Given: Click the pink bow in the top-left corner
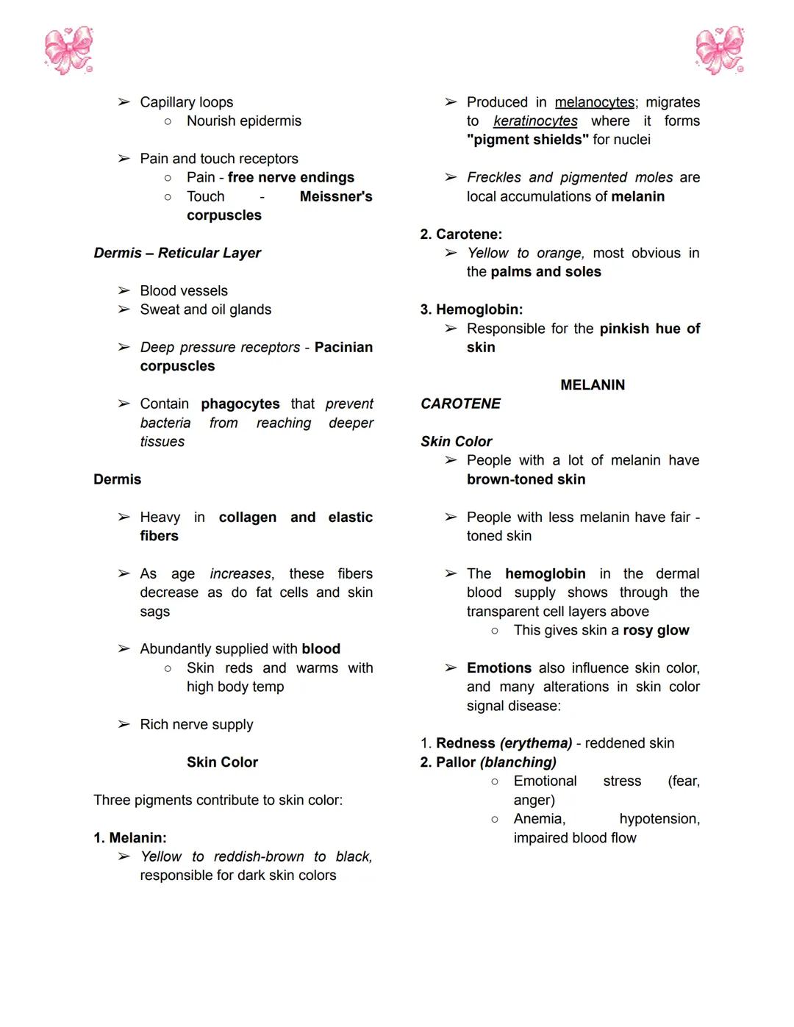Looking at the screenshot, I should click(x=68, y=51).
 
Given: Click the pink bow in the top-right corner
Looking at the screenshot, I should click(x=720, y=51).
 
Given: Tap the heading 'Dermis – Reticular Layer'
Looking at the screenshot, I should click(x=177, y=253).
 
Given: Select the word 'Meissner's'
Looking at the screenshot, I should click(x=336, y=196).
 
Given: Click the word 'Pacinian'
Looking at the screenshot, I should click(x=343, y=347).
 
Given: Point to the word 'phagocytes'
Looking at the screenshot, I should click(x=240, y=404).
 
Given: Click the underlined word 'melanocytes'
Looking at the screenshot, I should click(x=595, y=102).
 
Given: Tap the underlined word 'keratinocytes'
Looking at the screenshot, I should click(x=535, y=121).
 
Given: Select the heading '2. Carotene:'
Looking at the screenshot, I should click(x=461, y=234).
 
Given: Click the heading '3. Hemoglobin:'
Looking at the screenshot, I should click(x=471, y=309).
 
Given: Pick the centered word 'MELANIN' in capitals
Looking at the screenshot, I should click(x=593, y=384).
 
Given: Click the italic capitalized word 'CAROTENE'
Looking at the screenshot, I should click(x=460, y=404).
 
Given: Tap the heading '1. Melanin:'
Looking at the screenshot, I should click(x=130, y=837).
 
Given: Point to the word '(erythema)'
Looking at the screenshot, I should click(x=536, y=743).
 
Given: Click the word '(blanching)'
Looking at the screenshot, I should click(x=518, y=762).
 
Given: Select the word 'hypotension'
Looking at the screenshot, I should click(x=658, y=818).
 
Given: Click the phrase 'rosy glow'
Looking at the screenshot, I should click(x=656, y=630).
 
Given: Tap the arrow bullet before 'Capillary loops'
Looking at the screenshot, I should click(x=124, y=102).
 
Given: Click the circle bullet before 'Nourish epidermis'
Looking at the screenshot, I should click(x=168, y=121).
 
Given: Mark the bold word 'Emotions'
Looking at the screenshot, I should click(x=499, y=668).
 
